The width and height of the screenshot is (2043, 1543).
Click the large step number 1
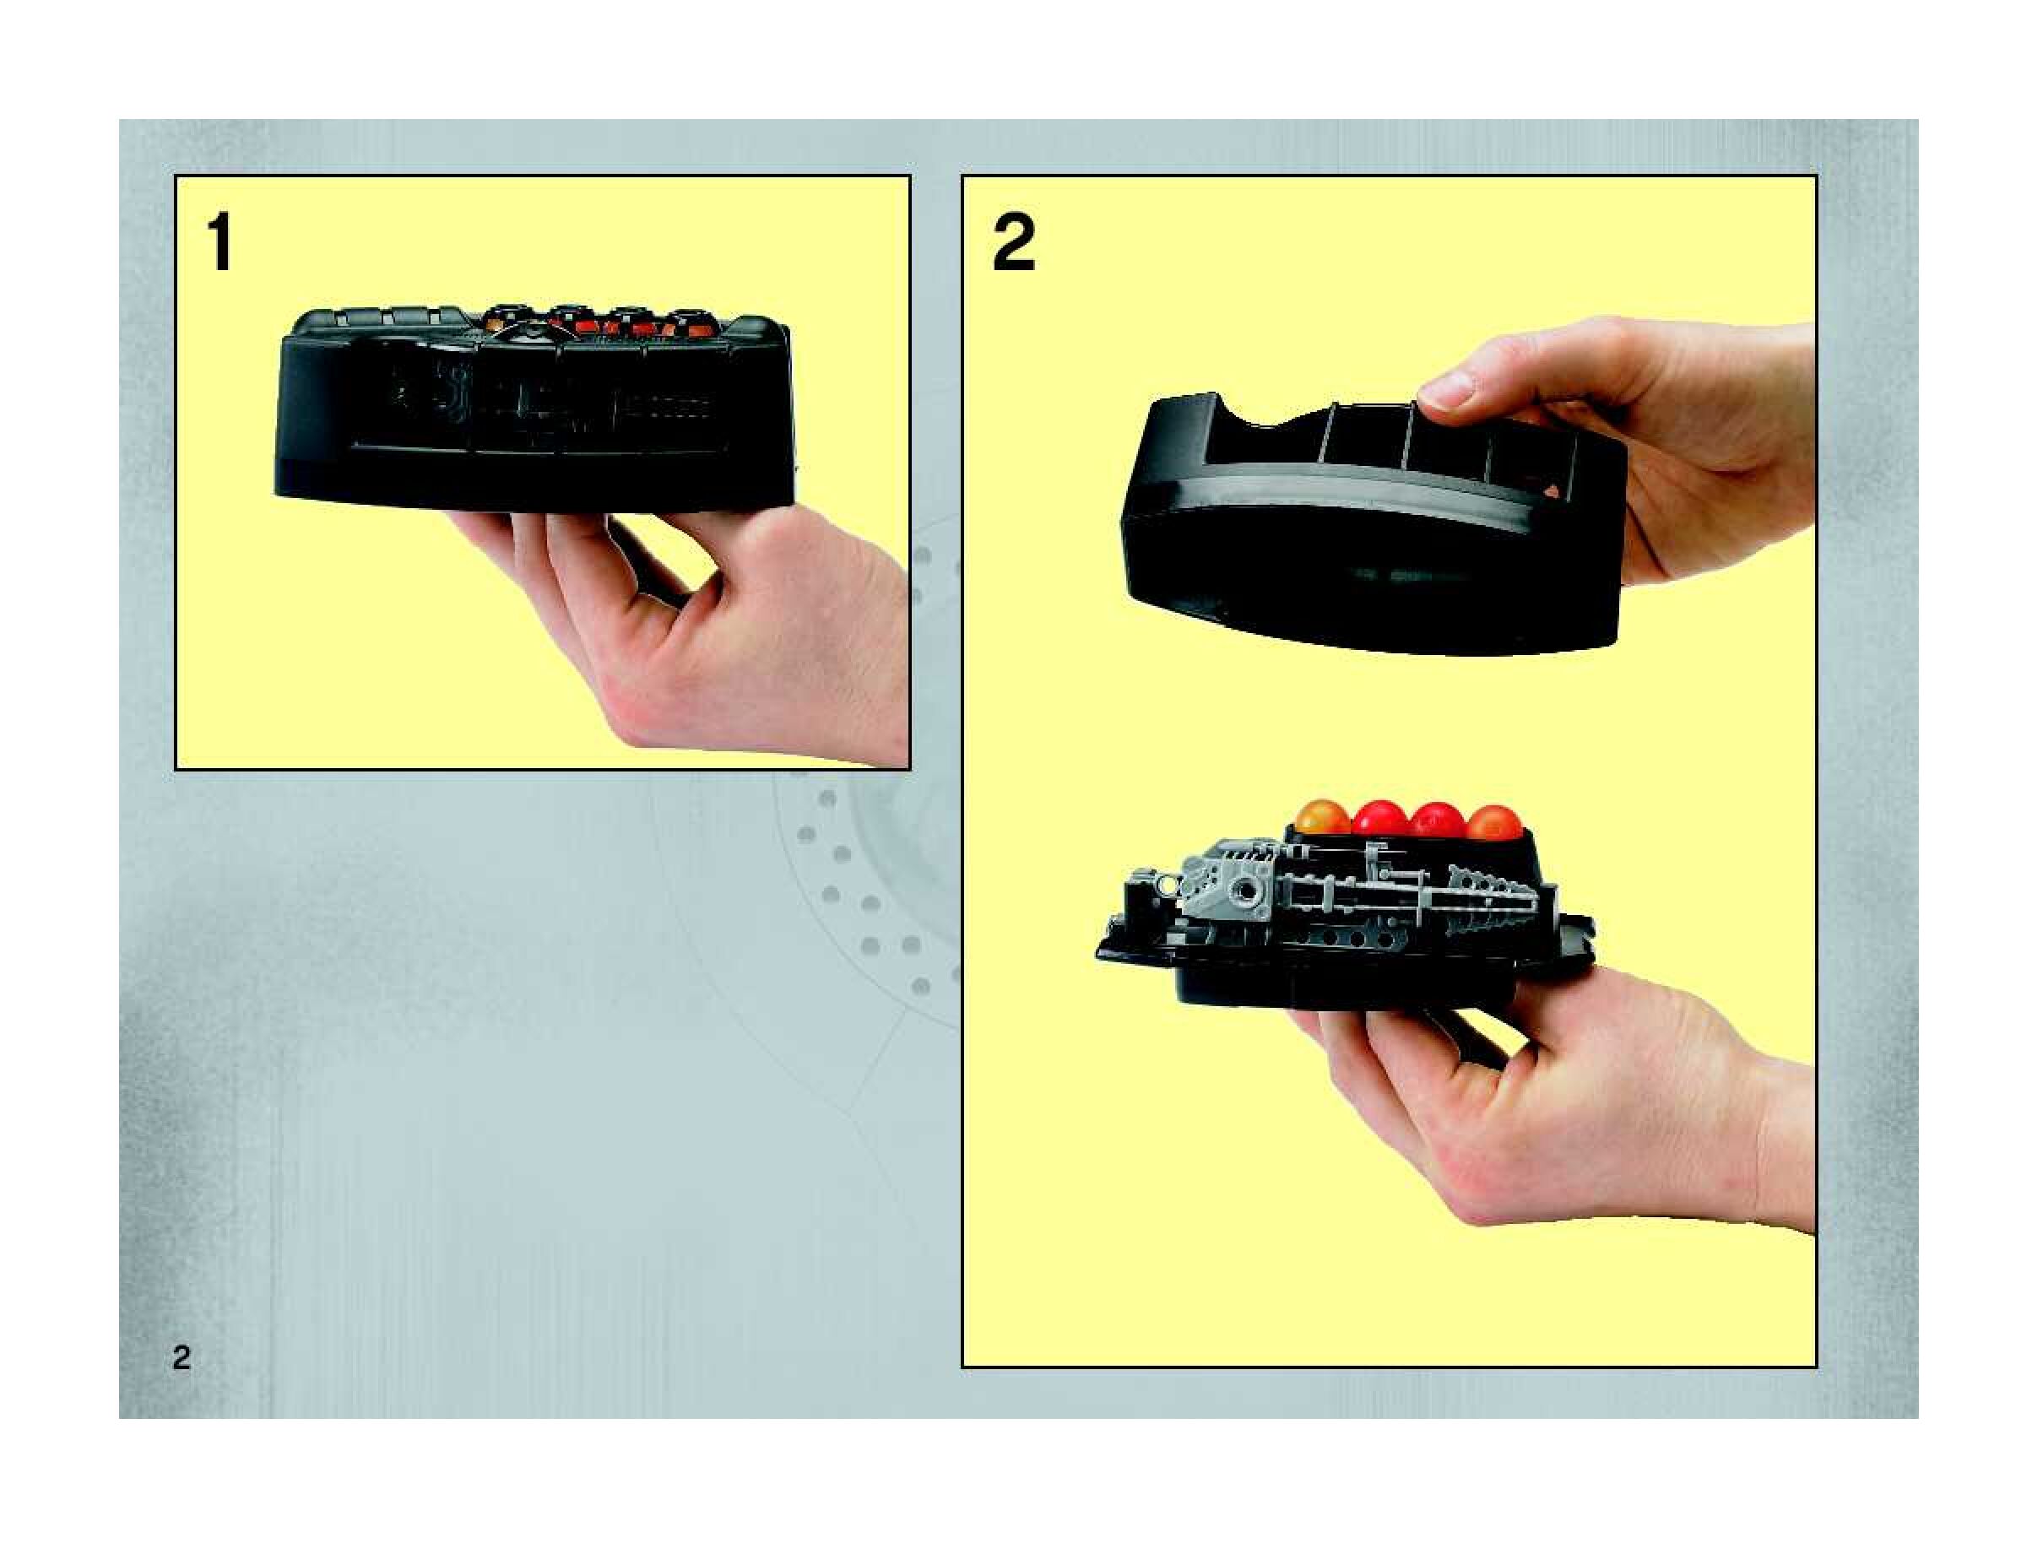219,242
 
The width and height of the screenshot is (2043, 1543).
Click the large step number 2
1014,243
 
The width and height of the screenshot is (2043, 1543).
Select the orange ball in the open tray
1323,819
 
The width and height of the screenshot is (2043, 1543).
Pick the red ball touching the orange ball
1379,820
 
